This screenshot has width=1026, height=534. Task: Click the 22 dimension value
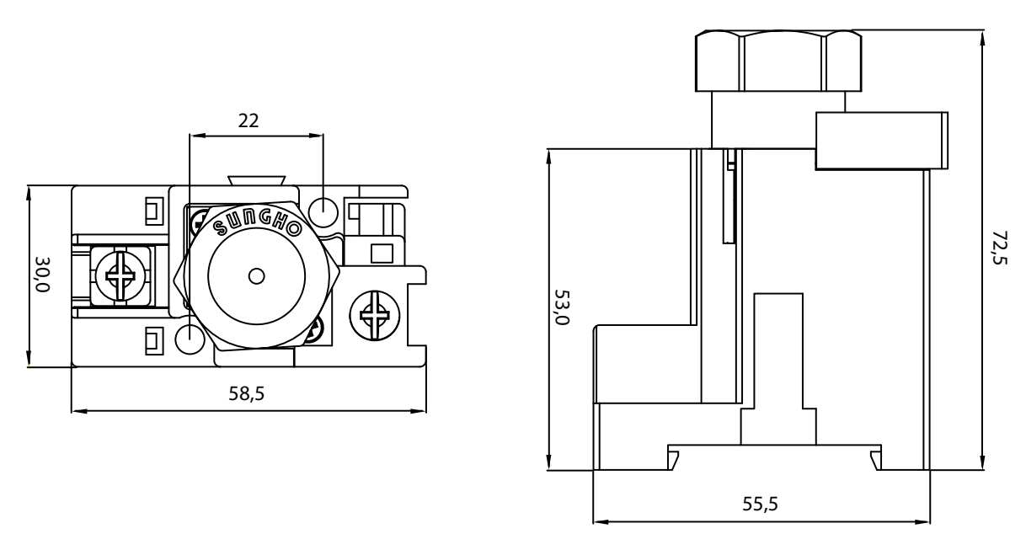[248, 120]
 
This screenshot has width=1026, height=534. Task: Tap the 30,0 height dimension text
[43, 274]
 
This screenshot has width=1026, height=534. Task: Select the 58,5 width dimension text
[247, 393]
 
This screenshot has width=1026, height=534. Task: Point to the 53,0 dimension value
[562, 307]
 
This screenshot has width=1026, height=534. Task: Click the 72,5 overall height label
[1000, 248]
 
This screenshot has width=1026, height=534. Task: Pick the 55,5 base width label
[761, 504]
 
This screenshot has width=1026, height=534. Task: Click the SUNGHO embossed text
[258, 224]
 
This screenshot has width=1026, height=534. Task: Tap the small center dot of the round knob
[256, 276]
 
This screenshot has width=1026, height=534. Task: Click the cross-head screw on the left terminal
[120, 276]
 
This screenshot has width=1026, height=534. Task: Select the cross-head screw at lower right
[375, 316]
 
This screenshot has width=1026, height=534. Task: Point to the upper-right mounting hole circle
[323, 212]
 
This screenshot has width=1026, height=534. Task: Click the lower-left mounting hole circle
[190, 339]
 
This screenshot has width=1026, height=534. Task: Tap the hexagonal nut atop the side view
[778, 61]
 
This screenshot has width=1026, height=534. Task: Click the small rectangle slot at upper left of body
[154, 211]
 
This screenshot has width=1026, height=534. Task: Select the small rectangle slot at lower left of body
[154, 341]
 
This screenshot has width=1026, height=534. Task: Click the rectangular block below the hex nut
[882, 141]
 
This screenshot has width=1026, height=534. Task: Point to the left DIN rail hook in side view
[673, 460]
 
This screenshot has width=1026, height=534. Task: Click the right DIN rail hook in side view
[875, 460]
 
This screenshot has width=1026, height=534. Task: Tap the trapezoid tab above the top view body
[257, 181]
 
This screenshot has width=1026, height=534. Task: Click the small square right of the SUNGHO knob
[382, 254]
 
